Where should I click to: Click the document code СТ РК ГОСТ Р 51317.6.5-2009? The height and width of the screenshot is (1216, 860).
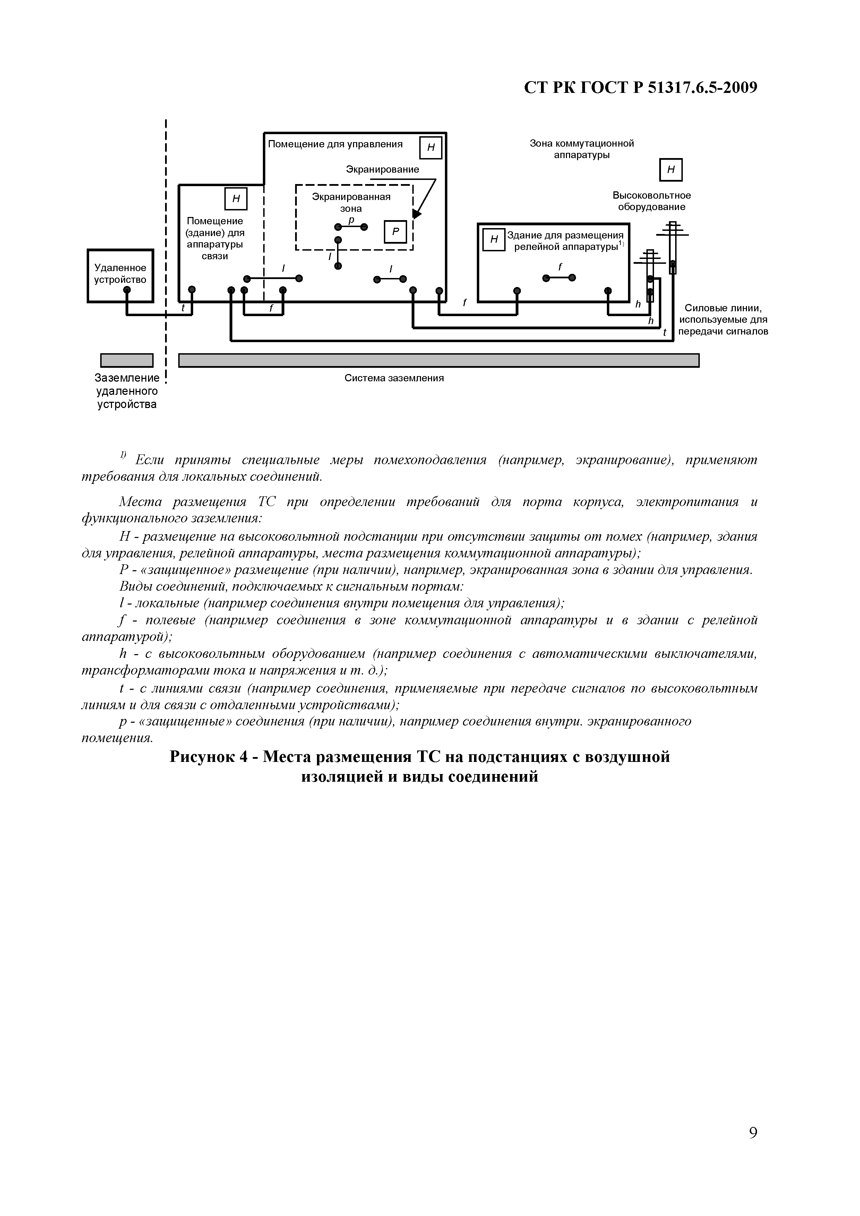coord(640,87)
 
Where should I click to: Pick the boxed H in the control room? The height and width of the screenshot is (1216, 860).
coord(430,148)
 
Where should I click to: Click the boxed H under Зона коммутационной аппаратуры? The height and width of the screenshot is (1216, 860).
coord(671,170)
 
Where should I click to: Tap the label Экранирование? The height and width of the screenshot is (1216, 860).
coord(382,170)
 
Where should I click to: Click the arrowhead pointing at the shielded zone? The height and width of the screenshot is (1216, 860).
coord(416,214)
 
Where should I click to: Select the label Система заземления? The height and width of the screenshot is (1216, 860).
coord(394,378)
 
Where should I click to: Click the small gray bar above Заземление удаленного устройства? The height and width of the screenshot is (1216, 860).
coord(127,360)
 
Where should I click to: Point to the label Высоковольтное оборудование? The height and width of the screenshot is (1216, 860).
coord(652,201)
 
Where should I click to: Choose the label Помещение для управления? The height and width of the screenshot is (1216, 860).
coord(335,144)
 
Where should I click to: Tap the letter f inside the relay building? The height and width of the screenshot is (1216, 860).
coord(560,267)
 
